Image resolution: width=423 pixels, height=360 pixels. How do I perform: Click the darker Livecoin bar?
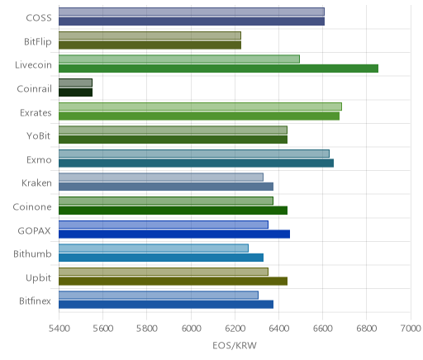218,69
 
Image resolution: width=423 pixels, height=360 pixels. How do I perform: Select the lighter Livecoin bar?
179,59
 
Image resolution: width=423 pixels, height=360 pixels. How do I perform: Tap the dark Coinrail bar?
75,92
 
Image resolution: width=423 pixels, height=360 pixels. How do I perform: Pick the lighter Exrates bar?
200,107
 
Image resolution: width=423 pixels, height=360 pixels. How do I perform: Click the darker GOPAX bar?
174,234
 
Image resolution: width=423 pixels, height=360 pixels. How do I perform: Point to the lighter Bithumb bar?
154,248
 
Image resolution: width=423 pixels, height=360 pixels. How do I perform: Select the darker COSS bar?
192,21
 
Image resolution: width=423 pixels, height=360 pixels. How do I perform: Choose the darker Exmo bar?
196,163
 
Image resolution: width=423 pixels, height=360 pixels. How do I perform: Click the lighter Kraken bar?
161,178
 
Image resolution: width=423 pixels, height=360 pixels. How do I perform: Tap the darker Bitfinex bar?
166,305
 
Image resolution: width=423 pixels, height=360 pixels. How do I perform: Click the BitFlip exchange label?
38,42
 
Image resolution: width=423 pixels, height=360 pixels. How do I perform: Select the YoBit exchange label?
39,136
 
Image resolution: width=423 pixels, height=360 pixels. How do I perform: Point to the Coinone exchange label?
32,207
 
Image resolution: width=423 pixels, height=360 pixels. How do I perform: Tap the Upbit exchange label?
38,278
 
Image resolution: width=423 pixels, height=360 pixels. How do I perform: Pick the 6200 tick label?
235,329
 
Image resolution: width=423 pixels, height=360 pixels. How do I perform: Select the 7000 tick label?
411,329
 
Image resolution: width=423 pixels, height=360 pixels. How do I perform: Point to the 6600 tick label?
323,329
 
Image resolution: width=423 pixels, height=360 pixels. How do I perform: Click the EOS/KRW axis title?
235,346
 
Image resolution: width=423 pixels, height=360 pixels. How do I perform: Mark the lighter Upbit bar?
164,272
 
